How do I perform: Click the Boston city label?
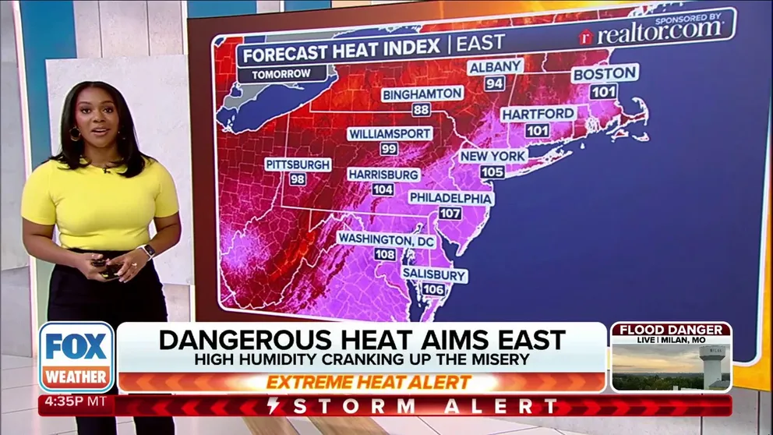pos(605,74)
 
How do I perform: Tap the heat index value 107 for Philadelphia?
pos(451,213)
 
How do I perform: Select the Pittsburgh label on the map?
pos(298,164)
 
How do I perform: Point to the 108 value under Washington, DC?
pos(385,254)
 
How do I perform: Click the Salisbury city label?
pos(434,275)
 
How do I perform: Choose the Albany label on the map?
pos(495,67)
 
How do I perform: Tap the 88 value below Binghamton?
pos(422,110)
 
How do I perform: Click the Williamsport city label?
pos(390,133)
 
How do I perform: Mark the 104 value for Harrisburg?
pos(383,189)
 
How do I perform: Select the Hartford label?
pos(538,114)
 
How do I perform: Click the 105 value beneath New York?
pos(492,172)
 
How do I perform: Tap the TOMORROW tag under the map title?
pos(281,74)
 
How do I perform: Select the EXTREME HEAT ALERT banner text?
pos(369,383)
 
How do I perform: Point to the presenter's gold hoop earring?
pos(76,134)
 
